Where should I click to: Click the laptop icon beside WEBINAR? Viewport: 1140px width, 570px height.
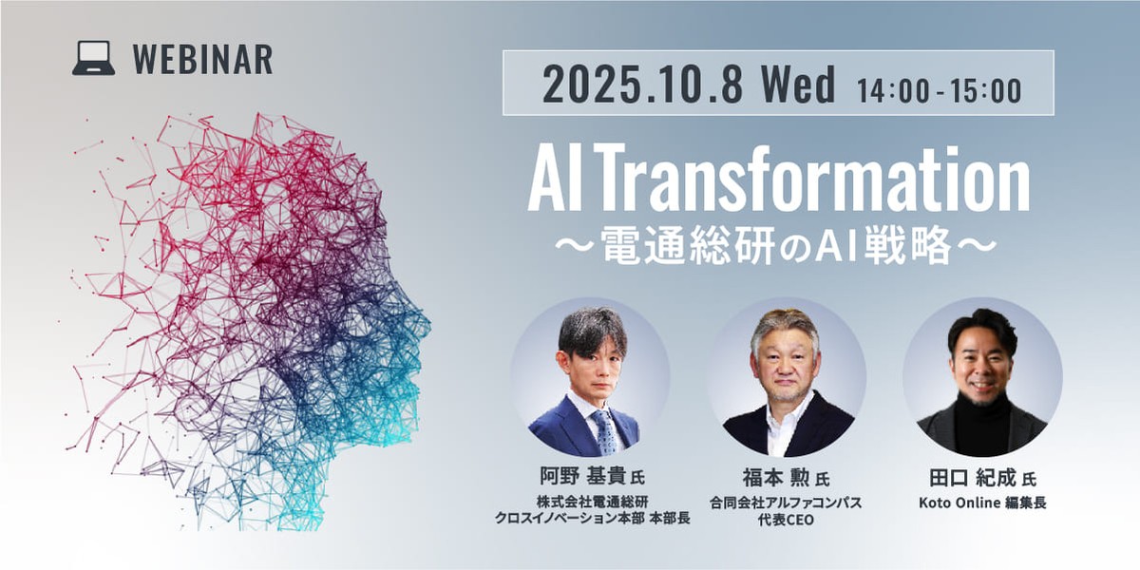coord(93,59)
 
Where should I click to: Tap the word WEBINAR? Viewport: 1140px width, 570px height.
coord(202,60)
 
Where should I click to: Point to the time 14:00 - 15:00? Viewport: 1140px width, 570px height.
coord(939,89)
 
